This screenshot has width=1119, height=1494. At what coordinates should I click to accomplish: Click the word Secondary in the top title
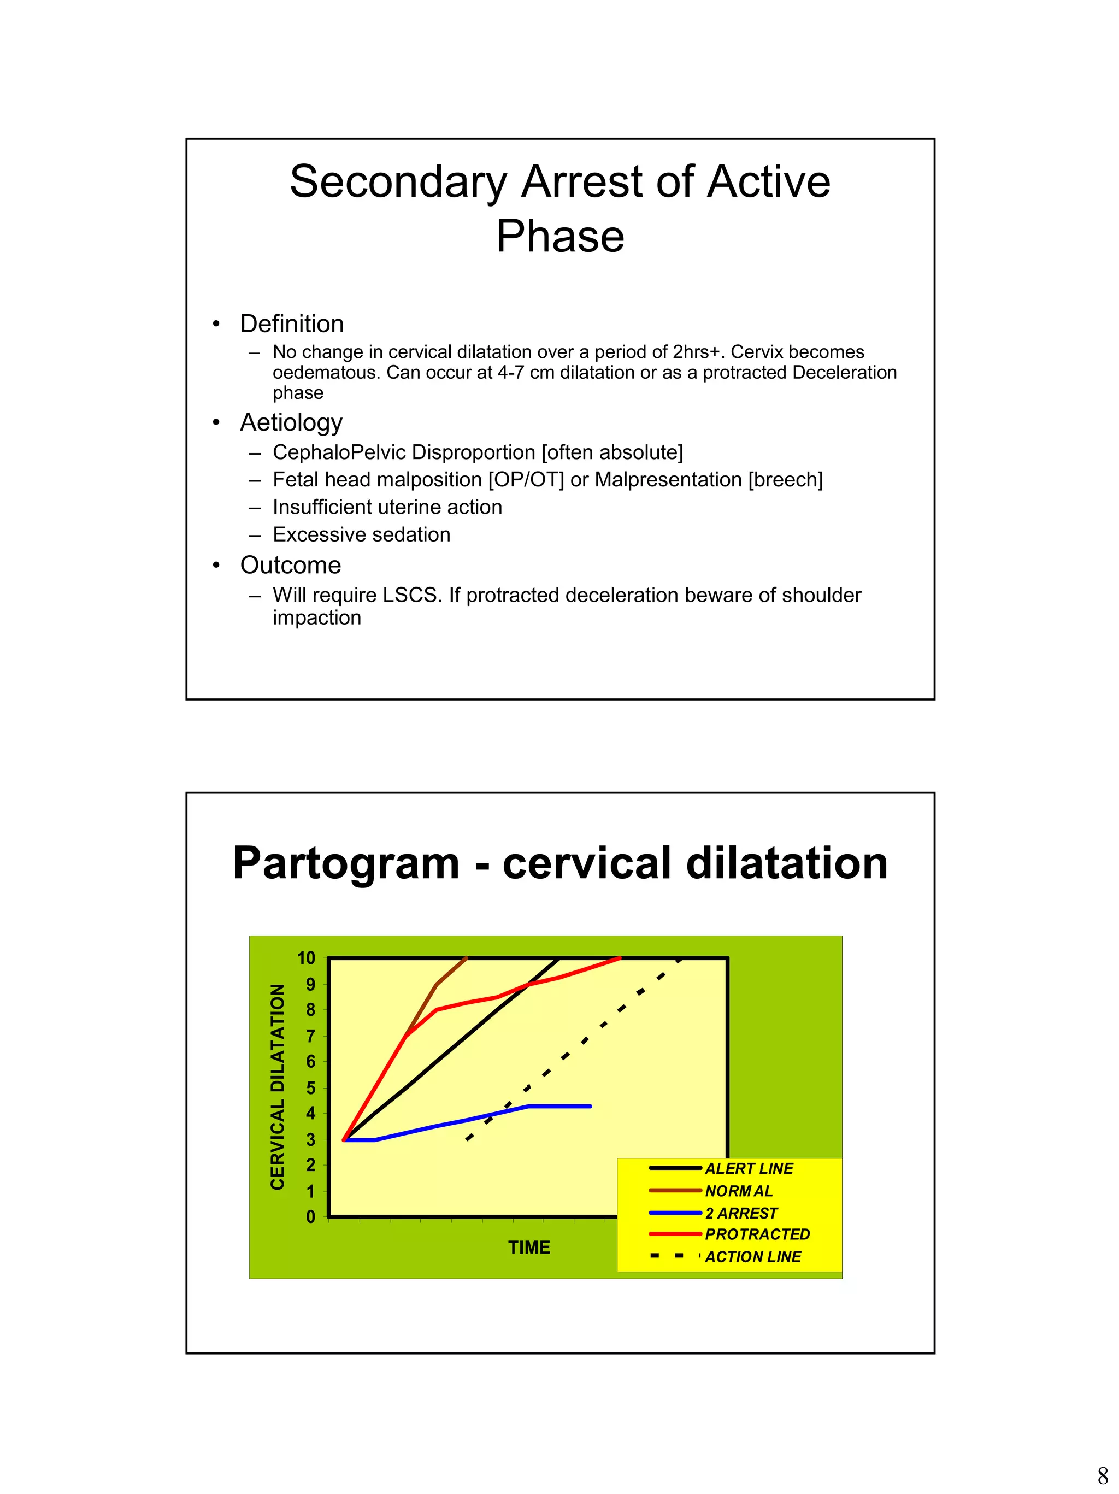tap(398, 183)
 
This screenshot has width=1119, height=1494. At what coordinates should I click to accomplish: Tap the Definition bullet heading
tap(292, 324)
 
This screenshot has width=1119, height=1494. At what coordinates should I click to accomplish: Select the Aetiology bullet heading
tap(291, 423)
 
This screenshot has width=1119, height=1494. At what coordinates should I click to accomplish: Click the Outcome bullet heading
tap(290, 566)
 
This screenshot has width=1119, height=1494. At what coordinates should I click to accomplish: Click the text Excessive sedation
tap(361, 535)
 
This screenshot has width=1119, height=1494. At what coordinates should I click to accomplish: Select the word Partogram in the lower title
tap(346, 864)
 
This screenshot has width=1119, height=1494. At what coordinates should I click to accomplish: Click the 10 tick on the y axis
tap(306, 958)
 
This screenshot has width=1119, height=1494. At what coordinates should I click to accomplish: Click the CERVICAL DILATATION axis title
tap(278, 1087)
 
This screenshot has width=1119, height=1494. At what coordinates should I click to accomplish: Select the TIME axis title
tap(529, 1248)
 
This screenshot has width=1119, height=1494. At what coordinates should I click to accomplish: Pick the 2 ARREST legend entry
tap(741, 1213)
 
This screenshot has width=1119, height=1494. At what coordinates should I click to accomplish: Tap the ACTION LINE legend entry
tap(752, 1257)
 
